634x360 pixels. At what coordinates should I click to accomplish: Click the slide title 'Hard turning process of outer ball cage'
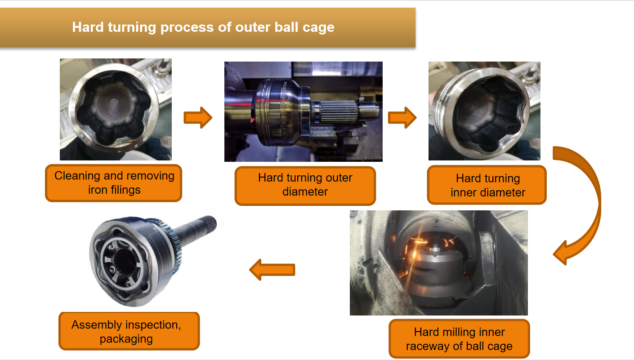pyautogui.click(x=203, y=27)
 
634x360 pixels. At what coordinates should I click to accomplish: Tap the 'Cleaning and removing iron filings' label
pyautogui.click(x=114, y=182)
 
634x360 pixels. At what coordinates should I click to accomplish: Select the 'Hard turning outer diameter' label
pyautogui.click(x=305, y=185)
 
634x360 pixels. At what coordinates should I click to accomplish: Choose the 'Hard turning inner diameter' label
pyautogui.click(x=487, y=185)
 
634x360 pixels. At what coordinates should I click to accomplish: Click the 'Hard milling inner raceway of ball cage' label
pyautogui.click(x=459, y=339)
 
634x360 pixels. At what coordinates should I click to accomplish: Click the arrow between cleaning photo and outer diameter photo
pyautogui.click(x=198, y=118)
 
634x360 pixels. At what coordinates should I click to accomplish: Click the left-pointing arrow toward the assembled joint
pyautogui.click(x=272, y=270)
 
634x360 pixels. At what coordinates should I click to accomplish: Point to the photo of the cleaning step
pyautogui.click(x=116, y=109)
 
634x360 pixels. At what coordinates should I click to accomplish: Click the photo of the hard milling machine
pyautogui.click(x=438, y=262)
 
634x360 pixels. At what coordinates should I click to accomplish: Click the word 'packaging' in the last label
pyautogui.click(x=126, y=339)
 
